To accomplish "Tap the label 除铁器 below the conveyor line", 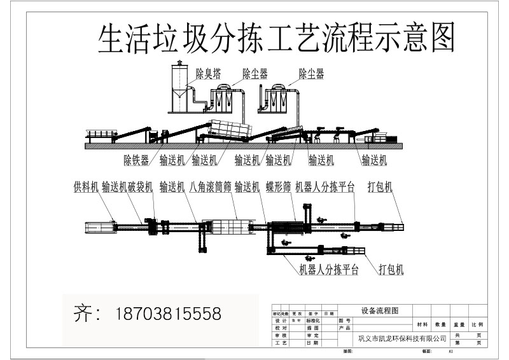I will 136,160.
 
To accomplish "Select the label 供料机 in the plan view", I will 86,188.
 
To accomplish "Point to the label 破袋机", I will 140,188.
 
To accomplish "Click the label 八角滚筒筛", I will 210,188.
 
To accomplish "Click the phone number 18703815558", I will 169,314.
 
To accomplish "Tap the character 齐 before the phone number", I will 83,314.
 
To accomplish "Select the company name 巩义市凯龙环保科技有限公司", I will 403,338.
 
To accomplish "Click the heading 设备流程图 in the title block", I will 379,311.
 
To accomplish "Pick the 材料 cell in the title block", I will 422,324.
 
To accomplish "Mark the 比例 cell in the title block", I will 477,324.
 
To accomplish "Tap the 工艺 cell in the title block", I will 277,342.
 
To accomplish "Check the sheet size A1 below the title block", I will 450,350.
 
